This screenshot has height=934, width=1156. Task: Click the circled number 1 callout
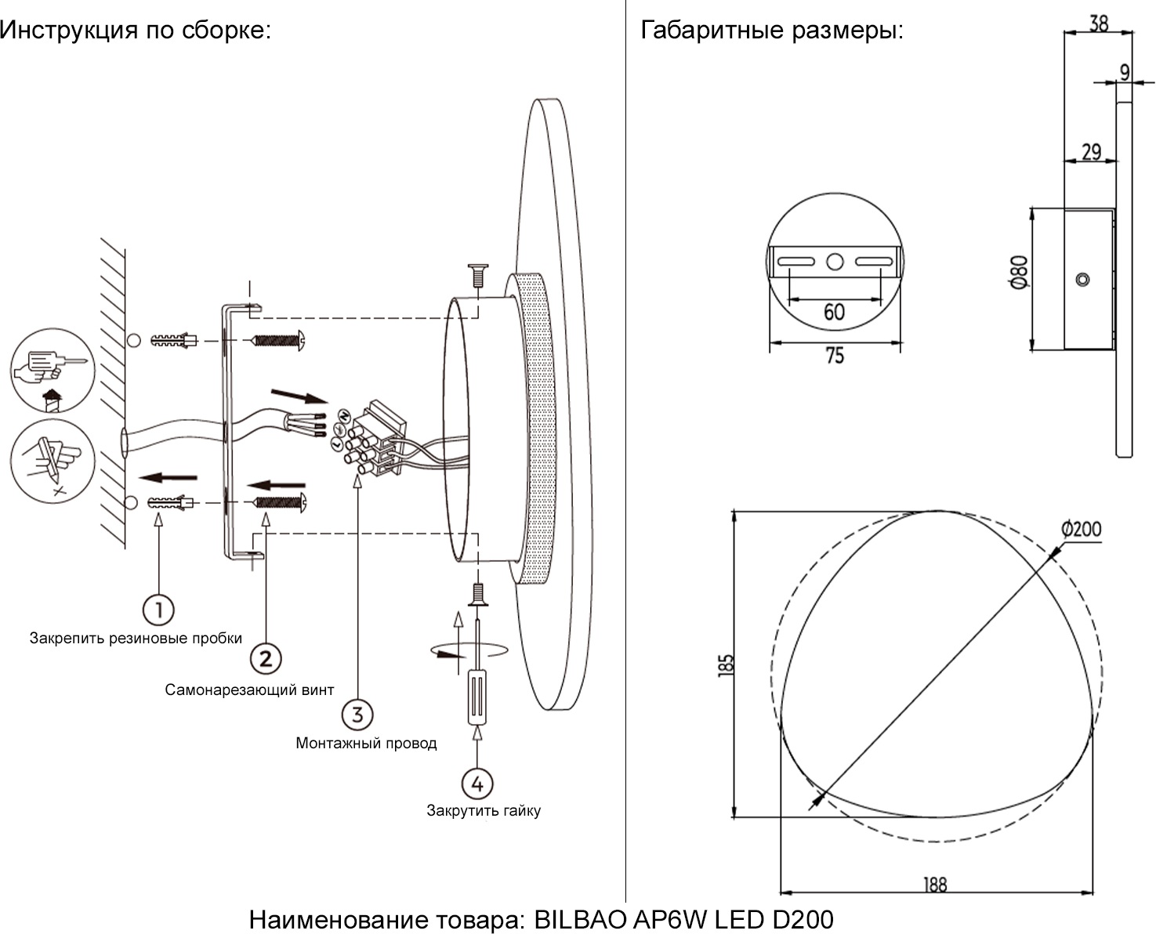pyautogui.click(x=158, y=610)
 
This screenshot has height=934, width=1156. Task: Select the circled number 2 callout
pyautogui.click(x=266, y=658)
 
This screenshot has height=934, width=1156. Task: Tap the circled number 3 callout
pyautogui.click(x=357, y=715)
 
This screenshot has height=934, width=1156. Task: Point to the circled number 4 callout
pyautogui.click(x=477, y=783)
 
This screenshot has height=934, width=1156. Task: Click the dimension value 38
pyautogui.click(x=1099, y=24)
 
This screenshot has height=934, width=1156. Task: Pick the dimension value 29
pyautogui.click(x=1091, y=151)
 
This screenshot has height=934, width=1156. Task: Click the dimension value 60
pyautogui.click(x=834, y=312)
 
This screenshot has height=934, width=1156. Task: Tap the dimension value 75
pyautogui.click(x=835, y=356)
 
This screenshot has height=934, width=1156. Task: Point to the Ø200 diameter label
pyautogui.click(x=1082, y=529)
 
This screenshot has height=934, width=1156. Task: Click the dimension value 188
pyautogui.click(x=935, y=885)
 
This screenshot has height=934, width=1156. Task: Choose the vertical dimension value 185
pyautogui.click(x=727, y=664)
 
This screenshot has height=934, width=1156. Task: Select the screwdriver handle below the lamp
pyautogui.click(x=477, y=697)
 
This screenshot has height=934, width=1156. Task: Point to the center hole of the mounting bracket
pyautogui.click(x=835, y=262)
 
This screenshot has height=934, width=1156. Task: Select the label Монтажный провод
pyautogui.click(x=366, y=743)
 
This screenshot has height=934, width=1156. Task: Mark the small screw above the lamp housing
pyautogui.click(x=477, y=276)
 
